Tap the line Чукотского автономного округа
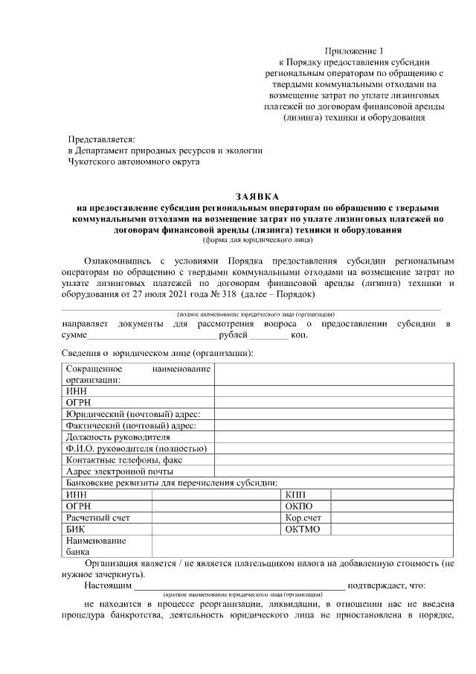coord(134,161)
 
